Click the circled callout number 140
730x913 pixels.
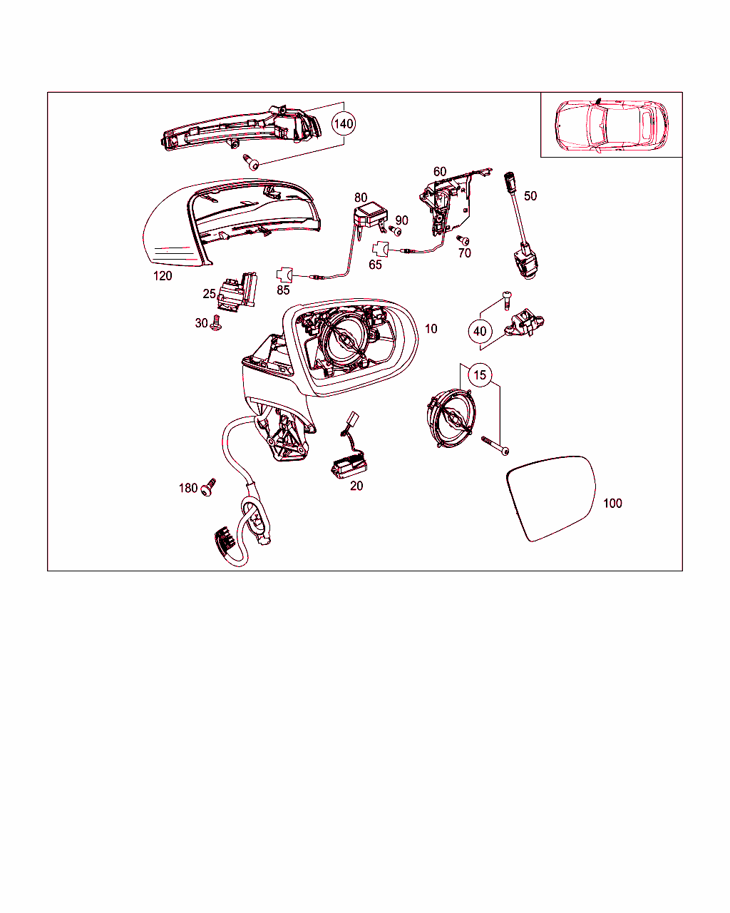pos(343,124)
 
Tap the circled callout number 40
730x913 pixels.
pos(480,332)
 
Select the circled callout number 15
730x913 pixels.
pos(480,375)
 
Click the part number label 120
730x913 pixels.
pos(163,276)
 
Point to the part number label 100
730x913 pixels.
pos(612,504)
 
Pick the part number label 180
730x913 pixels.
pos(188,489)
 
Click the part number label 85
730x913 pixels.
pos(283,290)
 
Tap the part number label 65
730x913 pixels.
pos(375,265)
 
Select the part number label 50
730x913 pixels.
pos(530,196)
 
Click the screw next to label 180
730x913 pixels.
pos(208,487)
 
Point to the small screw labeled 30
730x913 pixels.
pos(216,323)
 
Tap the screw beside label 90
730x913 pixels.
pos(396,231)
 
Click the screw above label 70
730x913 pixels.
pos(463,240)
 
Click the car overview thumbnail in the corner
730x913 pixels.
pos(611,125)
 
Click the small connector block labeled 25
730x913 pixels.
pos(237,292)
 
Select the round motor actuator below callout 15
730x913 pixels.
pos(450,419)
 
